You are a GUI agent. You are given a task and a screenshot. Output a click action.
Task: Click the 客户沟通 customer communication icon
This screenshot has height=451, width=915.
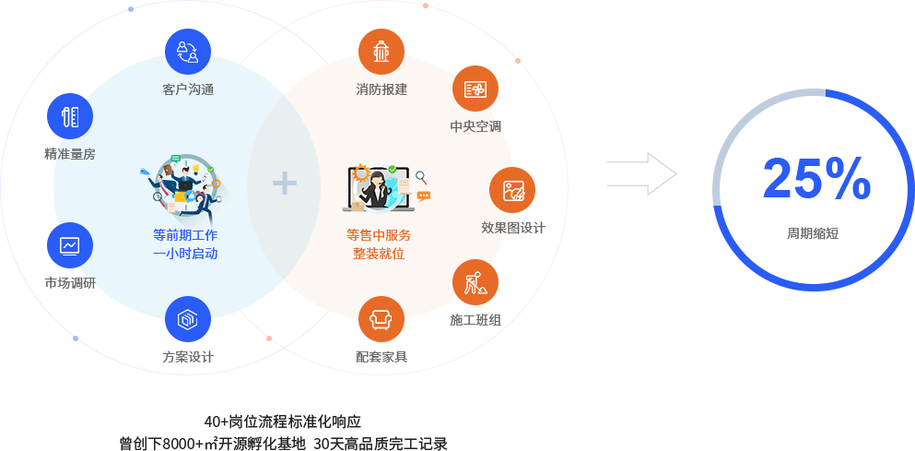(188, 52)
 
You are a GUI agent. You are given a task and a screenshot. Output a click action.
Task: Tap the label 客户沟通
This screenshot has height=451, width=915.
(188, 89)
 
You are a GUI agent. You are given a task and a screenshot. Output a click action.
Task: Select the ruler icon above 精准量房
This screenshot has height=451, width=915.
(70, 117)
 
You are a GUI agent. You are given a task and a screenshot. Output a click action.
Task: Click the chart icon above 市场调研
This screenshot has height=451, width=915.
(70, 245)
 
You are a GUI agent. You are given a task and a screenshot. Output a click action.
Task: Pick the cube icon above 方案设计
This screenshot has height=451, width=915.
(188, 319)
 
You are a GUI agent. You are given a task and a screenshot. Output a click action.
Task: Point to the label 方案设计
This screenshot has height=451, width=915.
(188, 357)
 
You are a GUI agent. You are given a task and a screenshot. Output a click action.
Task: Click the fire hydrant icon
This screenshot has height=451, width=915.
(381, 52)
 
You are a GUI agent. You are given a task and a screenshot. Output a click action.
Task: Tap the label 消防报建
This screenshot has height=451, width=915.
(381, 89)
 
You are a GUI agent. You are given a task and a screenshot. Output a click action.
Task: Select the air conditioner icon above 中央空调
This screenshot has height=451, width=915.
(475, 89)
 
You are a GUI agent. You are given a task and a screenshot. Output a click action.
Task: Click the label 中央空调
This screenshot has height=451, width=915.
(475, 126)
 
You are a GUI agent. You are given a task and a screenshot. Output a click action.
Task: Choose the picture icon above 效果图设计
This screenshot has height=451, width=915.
(513, 191)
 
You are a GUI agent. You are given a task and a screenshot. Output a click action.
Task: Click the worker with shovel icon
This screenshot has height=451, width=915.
(475, 283)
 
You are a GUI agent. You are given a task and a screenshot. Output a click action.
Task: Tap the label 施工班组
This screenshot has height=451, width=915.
(475, 320)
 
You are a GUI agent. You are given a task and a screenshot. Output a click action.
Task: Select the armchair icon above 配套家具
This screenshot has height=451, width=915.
(381, 319)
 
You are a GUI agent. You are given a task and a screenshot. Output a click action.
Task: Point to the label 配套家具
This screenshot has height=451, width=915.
(381, 357)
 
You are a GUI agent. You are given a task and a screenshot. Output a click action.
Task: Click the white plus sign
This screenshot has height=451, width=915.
(285, 184)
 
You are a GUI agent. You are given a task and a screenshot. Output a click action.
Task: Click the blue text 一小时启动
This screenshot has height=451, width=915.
(185, 254)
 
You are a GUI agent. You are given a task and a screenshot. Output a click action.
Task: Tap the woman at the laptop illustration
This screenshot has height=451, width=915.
(378, 188)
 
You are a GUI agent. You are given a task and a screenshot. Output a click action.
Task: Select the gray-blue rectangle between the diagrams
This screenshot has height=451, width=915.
(639, 173)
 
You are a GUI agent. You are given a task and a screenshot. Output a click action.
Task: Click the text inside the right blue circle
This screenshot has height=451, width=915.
(813, 233)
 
